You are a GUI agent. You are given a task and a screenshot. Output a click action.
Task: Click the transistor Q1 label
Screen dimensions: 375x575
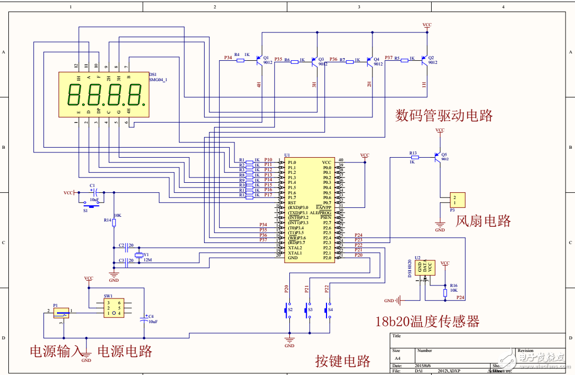(x=266, y=58)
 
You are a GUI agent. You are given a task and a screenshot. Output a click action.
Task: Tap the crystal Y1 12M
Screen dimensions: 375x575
(x=139, y=255)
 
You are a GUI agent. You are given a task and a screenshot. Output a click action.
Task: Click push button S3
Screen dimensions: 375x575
(x=308, y=310)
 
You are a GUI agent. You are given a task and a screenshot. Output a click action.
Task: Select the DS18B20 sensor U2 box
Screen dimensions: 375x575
(x=425, y=268)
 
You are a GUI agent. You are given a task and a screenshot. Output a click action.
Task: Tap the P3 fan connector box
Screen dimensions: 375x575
(x=457, y=199)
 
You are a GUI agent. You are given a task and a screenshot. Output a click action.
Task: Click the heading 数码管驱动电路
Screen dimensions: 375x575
(x=444, y=115)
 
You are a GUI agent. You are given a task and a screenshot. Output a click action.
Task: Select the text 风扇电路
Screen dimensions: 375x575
(x=483, y=220)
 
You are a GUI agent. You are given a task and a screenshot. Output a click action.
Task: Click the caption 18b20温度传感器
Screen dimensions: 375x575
(x=427, y=321)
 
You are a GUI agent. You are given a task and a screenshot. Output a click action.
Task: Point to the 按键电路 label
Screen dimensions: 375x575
(x=343, y=361)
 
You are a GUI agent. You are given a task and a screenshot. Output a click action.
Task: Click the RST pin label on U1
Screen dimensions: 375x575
(x=292, y=203)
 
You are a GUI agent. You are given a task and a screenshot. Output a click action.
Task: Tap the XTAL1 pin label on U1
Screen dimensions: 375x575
(x=295, y=253)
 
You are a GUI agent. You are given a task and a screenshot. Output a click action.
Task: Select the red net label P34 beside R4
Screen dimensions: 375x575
(x=228, y=57)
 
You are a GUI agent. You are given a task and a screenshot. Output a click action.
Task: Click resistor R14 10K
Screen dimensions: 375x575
(x=114, y=222)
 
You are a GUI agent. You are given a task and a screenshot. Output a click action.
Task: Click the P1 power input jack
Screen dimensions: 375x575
(x=62, y=313)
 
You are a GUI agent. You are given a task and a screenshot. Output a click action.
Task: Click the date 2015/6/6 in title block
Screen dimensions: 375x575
(x=424, y=365)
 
